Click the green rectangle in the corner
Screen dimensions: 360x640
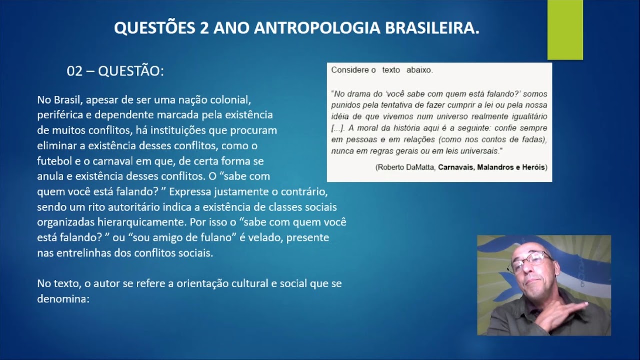[565, 30]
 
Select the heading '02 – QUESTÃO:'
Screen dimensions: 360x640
[115, 71]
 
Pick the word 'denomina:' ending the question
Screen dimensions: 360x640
[63, 299]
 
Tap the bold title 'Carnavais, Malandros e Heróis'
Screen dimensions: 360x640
[492, 167]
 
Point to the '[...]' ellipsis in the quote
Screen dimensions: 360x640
[338, 128]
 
